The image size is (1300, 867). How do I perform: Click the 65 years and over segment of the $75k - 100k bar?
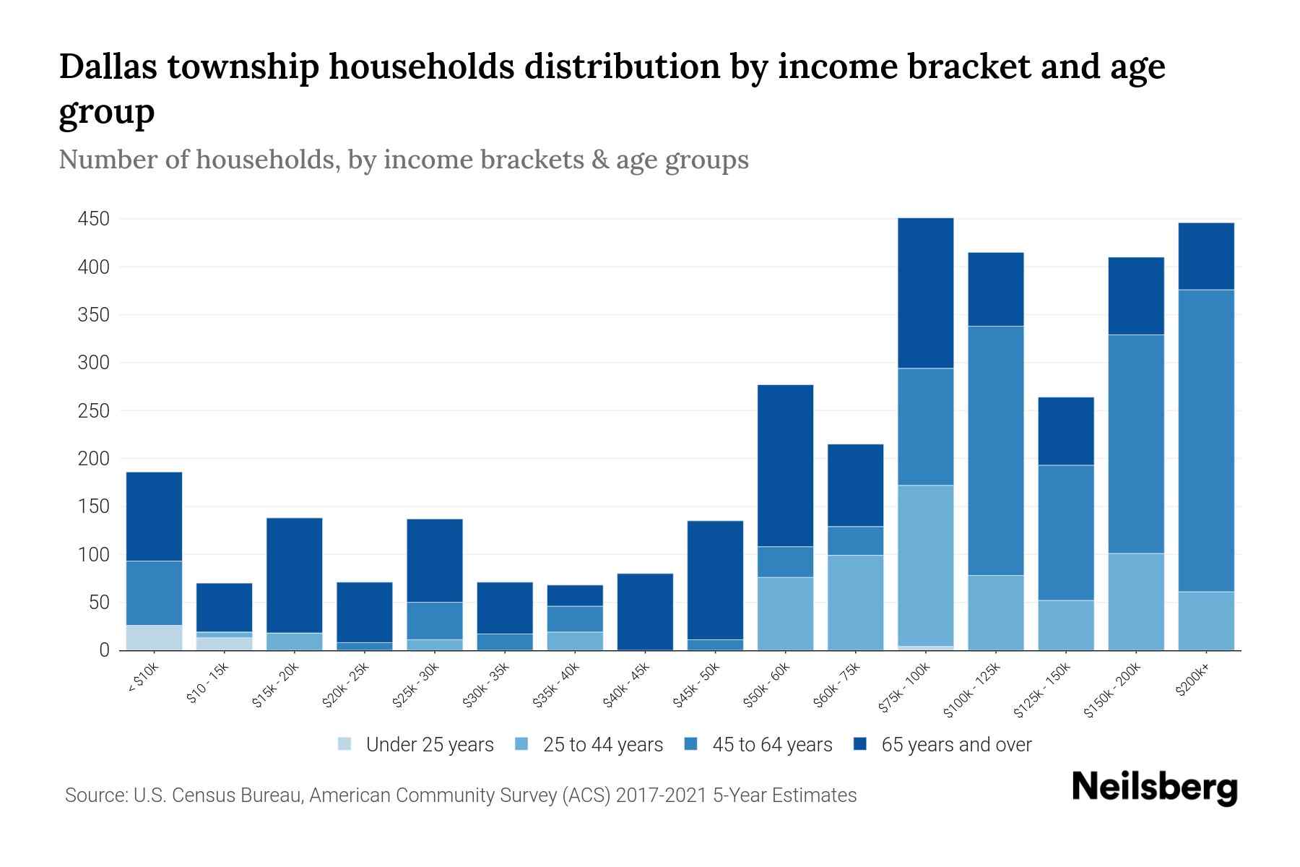(925, 293)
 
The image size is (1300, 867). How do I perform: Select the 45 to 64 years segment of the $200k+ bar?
(1206, 441)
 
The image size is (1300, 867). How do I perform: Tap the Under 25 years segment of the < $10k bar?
(154, 637)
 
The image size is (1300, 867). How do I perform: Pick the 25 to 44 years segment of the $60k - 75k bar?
(855, 603)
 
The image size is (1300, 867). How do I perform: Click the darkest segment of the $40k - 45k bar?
(646, 611)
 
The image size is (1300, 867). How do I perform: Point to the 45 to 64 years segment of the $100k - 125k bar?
(995, 451)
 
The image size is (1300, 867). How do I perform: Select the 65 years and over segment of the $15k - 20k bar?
(294, 575)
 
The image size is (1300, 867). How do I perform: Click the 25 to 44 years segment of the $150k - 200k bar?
(1136, 601)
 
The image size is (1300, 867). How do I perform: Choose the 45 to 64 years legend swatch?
(690, 744)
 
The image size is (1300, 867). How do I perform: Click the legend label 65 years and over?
(956, 745)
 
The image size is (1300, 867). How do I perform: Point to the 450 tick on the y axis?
(93, 219)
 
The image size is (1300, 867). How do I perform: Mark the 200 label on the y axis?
(93, 459)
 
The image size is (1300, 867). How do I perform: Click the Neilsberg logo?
(1154, 788)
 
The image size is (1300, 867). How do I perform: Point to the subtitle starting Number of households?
(404, 160)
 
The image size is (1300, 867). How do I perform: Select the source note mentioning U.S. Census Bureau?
(461, 795)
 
